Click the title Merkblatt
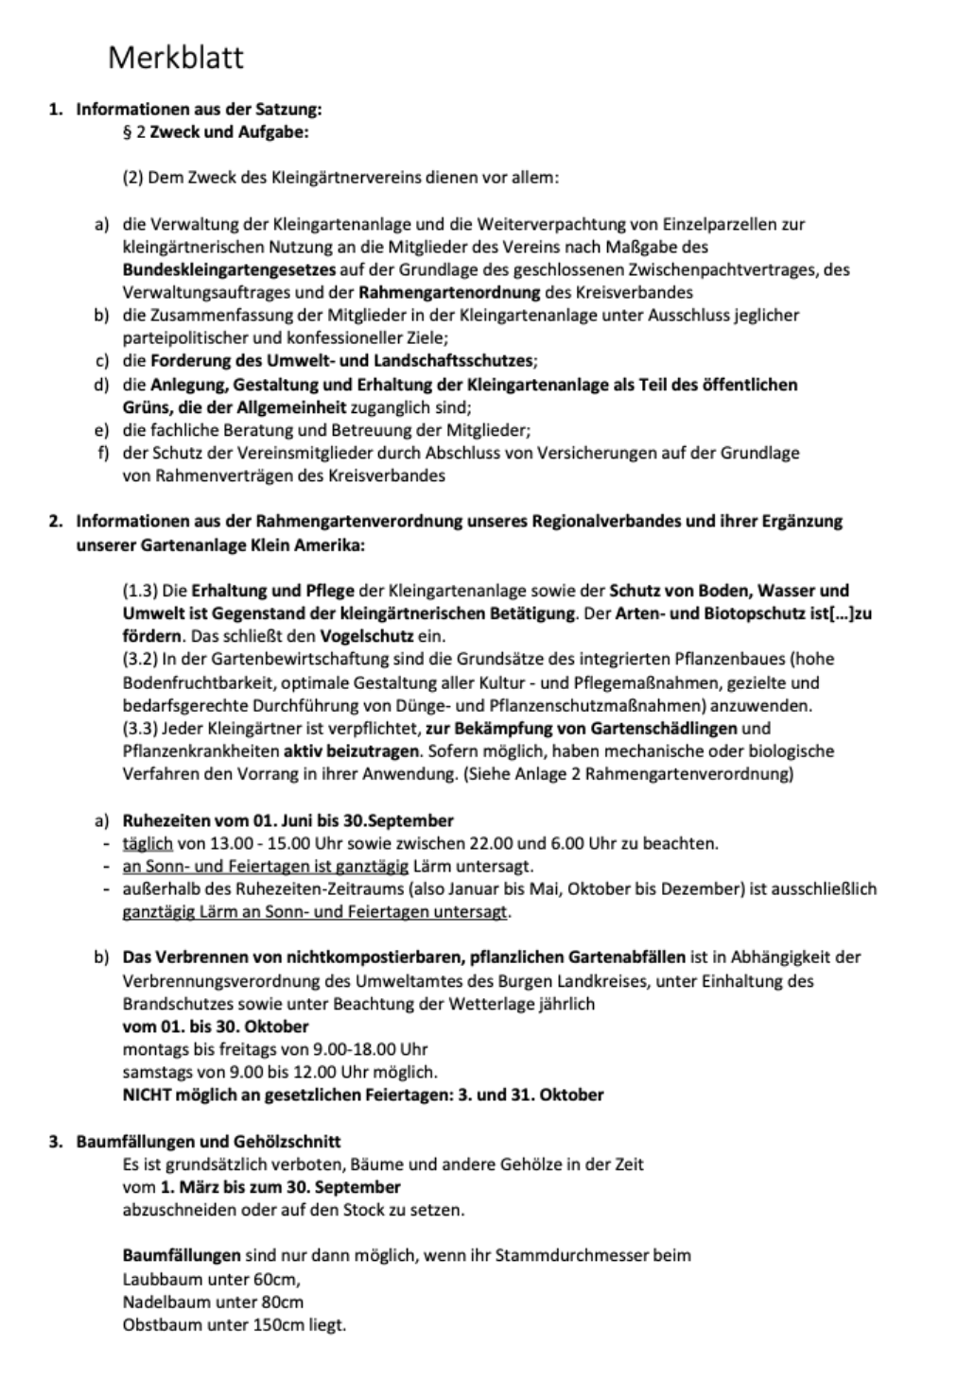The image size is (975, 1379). [x=176, y=58]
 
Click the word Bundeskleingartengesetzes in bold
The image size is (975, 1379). [x=229, y=269]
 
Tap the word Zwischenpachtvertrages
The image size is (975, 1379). [x=710, y=269]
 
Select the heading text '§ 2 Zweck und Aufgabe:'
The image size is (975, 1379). [x=216, y=132]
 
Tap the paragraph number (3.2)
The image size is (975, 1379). [x=142, y=659]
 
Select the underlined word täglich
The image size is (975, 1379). [x=148, y=843]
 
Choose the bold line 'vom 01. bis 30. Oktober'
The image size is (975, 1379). [x=216, y=1026]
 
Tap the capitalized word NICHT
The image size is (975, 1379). [x=146, y=1095]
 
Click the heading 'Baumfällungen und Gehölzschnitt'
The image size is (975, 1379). [x=208, y=1141]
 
